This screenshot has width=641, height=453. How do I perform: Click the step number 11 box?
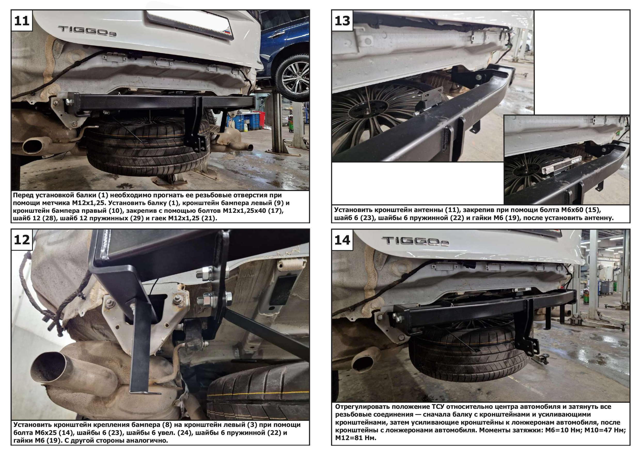(x=22, y=20)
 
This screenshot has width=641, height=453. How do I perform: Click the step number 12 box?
(x=22, y=240)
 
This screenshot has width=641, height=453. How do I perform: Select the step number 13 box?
(x=342, y=20)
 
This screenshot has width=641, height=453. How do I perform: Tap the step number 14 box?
(x=342, y=240)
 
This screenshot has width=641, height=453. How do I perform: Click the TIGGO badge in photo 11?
(x=87, y=31)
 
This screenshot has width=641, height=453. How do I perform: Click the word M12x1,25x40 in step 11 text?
(x=245, y=211)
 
